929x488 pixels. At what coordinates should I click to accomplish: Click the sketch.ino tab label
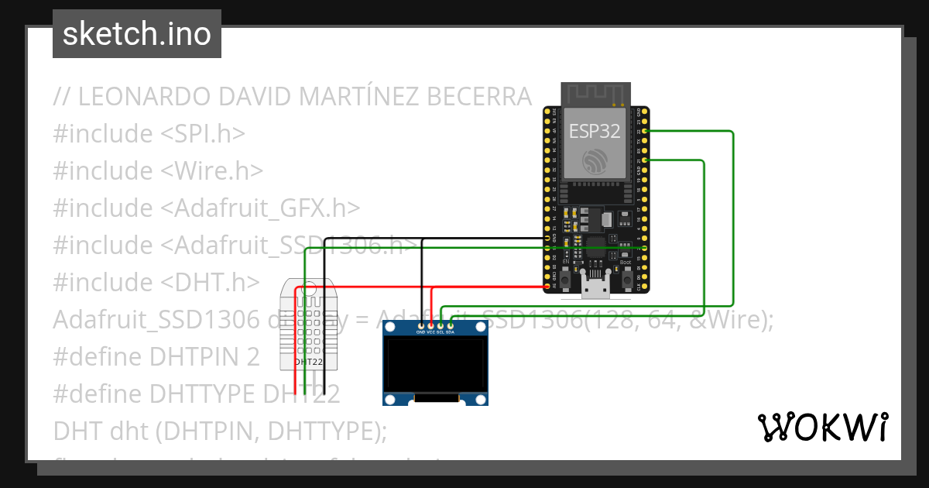[x=136, y=34]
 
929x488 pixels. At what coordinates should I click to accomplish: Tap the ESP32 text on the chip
[x=595, y=131]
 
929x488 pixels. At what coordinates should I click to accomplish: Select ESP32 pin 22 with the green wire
[x=644, y=132]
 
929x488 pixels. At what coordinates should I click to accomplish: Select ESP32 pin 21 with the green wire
[x=644, y=160]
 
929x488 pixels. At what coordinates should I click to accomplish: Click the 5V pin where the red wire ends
[x=547, y=286]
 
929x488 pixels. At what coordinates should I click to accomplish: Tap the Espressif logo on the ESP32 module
[x=595, y=160]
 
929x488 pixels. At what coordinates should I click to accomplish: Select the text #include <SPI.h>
[x=149, y=134]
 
